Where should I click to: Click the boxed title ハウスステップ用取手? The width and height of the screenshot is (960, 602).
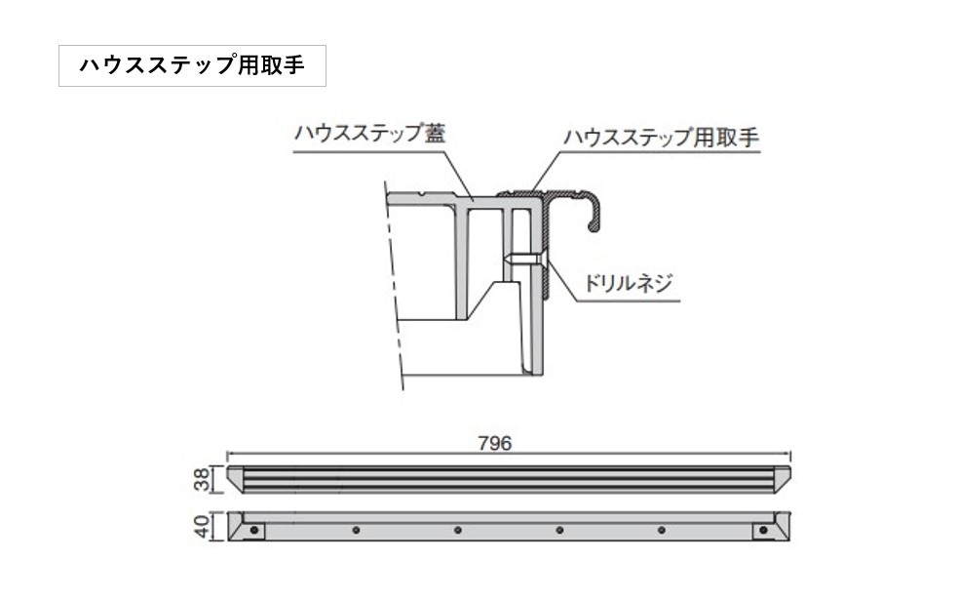click(x=192, y=65)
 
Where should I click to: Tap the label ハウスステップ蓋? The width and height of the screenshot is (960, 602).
click(x=369, y=133)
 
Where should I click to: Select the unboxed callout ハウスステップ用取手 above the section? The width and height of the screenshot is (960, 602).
click(x=661, y=137)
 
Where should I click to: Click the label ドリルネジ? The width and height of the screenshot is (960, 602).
click(x=629, y=283)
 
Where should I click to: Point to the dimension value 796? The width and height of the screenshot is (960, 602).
click(x=494, y=443)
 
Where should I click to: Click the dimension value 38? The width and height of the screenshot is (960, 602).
click(x=202, y=479)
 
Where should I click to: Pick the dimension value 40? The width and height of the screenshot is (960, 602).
click(x=202, y=526)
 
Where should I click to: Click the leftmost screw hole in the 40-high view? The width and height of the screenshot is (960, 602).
click(x=254, y=530)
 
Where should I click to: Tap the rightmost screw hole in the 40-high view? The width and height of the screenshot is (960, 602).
click(x=763, y=530)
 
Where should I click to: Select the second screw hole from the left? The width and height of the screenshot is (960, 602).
click(x=356, y=530)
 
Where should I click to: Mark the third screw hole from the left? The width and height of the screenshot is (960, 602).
click(x=457, y=530)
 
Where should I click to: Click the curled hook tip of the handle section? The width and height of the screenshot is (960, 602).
click(x=593, y=227)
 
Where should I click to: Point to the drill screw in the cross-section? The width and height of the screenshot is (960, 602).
click(x=523, y=260)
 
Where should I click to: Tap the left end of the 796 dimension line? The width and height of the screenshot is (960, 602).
click(x=227, y=455)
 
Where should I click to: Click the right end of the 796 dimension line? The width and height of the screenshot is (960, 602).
click(x=790, y=455)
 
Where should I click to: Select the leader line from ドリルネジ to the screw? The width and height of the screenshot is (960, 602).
click(x=612, y=288)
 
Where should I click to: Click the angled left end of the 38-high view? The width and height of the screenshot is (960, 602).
click(x=235, y=479)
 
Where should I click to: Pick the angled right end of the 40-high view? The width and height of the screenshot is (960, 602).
click(x=782, y=526)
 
